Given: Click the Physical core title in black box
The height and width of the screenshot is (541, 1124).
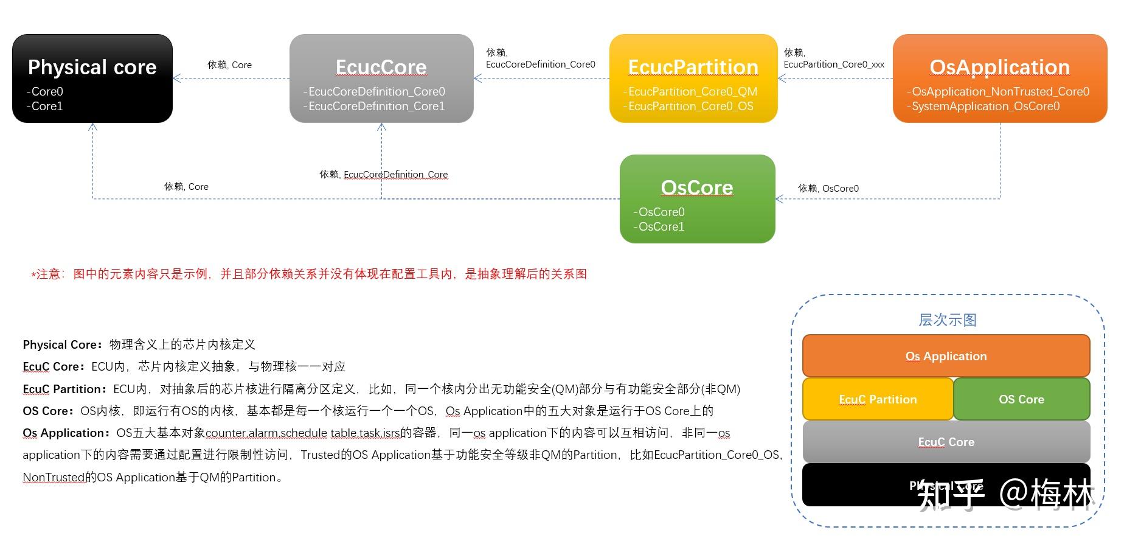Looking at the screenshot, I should click(x=92, y=67).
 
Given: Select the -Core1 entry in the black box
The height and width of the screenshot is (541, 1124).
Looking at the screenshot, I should click(x=45, y=106).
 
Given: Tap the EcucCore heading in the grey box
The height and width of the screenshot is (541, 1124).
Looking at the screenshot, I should click(x=381, y=67).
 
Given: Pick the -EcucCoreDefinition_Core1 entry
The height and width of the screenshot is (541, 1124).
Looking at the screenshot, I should click(x=374, y=106).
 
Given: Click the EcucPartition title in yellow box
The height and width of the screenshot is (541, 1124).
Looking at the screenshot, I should click(x=693, y=67).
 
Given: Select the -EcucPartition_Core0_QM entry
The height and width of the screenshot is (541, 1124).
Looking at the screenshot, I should click(x=690, y=92).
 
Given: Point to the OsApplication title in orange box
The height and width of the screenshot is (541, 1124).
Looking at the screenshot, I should click(x=999, y=67).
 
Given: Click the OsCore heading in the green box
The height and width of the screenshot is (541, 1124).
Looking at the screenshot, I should click(x=697, y=187).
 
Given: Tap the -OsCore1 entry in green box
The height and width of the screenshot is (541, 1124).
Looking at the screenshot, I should click(x=659, y=227).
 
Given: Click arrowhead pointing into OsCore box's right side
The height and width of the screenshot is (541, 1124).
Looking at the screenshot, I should click(x=779, y=199).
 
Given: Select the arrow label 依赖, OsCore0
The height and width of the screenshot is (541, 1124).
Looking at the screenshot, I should click(x=828, y=189).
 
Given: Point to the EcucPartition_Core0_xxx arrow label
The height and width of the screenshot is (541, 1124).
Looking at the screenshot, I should click(x=834, y=65).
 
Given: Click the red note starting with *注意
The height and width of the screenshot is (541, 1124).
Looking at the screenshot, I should click(x=309, y=274).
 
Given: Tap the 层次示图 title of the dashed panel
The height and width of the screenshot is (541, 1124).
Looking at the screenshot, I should click(x=947, y=320).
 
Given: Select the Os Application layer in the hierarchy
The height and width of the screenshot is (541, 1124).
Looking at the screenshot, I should click(x=946, y=356).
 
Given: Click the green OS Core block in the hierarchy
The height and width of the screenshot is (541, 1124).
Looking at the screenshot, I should click(x=1021, y=399).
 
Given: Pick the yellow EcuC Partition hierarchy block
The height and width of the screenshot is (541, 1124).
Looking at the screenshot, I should click(x=878, y=399).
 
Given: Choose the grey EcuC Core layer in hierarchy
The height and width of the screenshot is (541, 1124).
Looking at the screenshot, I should click(x=946, y=442).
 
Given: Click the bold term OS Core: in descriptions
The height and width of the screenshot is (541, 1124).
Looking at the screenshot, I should click(x=49, y=411).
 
